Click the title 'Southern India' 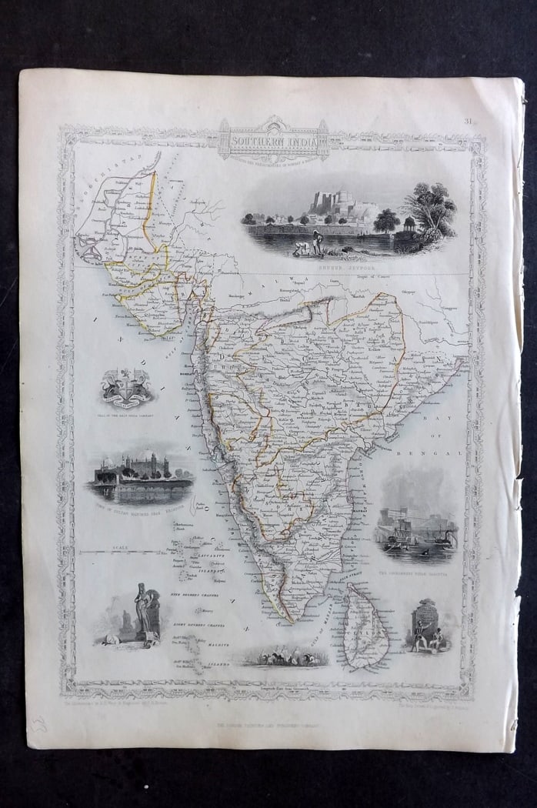[x=273, y=143]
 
